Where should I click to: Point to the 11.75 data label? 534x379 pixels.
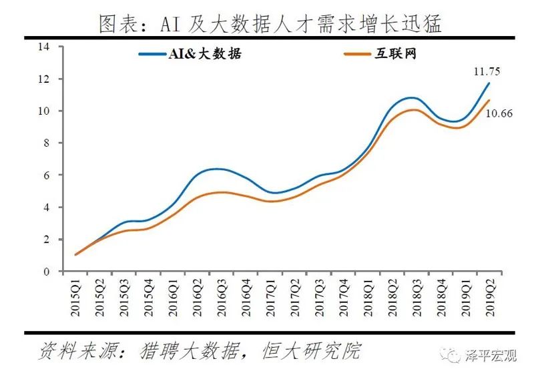tap(486, 71)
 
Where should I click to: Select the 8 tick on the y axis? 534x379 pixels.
tap(47, 143)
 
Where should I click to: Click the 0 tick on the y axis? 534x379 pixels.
tap(47, 272)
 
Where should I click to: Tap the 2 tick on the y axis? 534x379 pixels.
tap(47, 240)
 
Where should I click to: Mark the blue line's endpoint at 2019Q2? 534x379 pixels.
tap(489, 83)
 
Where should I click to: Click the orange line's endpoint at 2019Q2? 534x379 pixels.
tap(489, 100)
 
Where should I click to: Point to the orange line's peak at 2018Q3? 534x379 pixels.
tap(414, 109)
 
